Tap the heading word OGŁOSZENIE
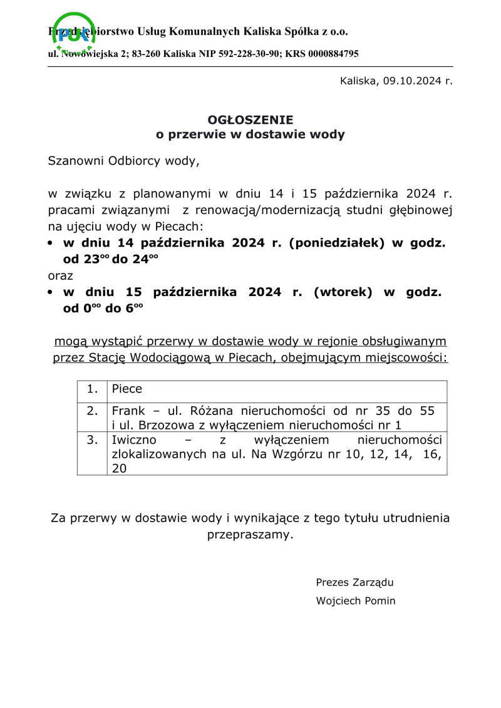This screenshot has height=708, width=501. coord(250,119)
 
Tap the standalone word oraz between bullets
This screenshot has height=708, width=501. coord(61,275)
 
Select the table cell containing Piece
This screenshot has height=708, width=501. coord(277,389)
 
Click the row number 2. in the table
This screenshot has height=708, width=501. coord(93,411)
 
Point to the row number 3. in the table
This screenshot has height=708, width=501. coord(93,440)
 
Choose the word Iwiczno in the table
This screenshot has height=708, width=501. coord(133,440)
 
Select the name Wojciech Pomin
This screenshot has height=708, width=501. coord(356,601)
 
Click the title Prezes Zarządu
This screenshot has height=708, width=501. coord(354,583)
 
